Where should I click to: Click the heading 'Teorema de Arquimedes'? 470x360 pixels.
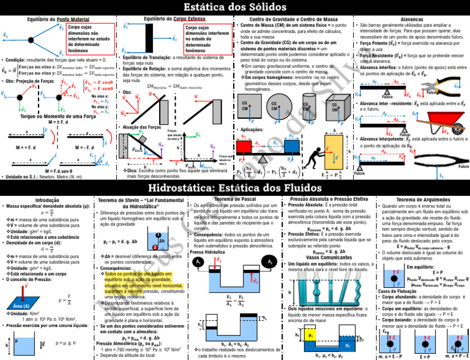pyautogui.click(x=420, y=200)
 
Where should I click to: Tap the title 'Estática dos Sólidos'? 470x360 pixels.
pyautogui.click(x=235, y=7)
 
